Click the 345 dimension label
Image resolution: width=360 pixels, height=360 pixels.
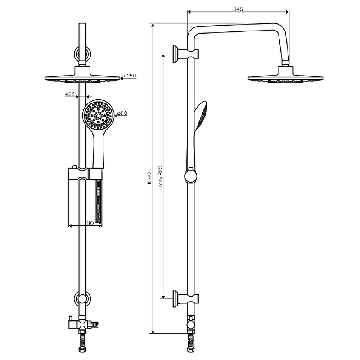tap(238, 9)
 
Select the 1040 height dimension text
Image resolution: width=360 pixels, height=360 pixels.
tap(149, 178)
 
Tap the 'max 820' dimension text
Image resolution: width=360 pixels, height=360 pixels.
tap(161, 176)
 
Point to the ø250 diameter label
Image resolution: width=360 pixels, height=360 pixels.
tap(130, 76)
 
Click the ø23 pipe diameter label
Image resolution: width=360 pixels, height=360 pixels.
tap(70, 94)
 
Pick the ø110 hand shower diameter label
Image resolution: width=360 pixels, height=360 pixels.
tap(122, 113)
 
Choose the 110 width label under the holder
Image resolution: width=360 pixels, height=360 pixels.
tap(90, 223)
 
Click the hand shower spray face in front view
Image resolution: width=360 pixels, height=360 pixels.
tap(99, 116)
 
